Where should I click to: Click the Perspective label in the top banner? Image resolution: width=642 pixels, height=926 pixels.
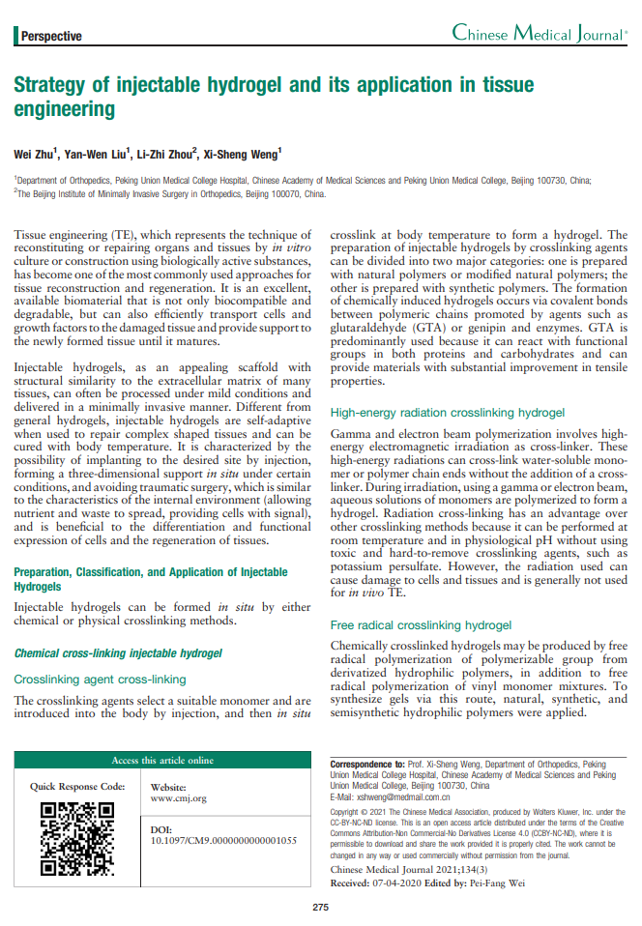tap(51, 37)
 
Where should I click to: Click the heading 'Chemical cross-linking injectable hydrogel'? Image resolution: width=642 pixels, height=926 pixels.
tap(118, 626)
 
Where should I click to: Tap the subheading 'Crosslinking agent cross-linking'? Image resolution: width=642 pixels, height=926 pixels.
tap(100, 652)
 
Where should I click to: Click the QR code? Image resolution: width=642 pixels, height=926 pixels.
tap(78, 811)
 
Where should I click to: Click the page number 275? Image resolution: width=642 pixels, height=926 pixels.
tap(321, 907)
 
